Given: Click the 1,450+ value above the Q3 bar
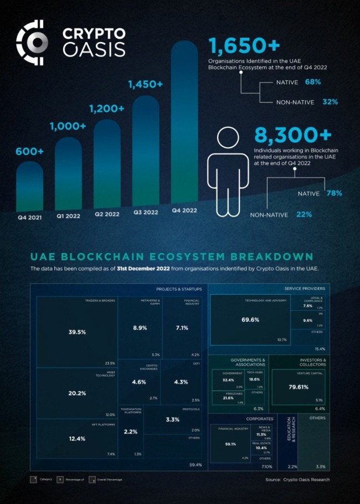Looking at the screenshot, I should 146,84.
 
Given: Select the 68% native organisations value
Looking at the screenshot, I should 312,82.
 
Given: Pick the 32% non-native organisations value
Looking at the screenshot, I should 330,102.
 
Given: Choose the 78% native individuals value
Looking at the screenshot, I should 334,193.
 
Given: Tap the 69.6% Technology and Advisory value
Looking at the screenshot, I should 250,320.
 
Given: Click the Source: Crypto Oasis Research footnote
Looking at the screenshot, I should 297,479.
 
